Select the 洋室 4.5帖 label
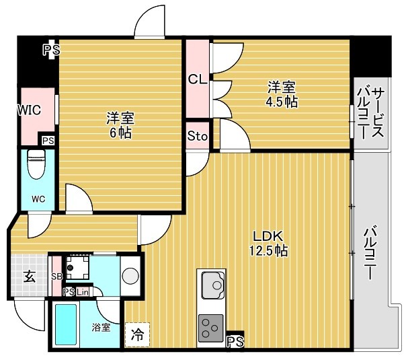tap(282, 94)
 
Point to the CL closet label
tap(197, 79)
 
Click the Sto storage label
tap(197, 137)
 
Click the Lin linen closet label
tap(82, 292)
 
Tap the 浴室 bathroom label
tap(101, 328)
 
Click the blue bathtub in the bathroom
tap(67, 325)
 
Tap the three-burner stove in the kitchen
tap(212, 328)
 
